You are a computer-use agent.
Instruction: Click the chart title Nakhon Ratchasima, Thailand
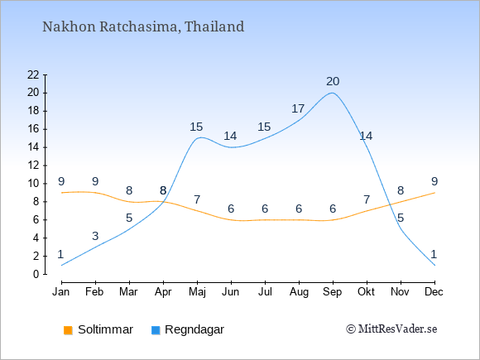coord(143,26)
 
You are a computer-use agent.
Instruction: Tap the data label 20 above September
coord(333,81)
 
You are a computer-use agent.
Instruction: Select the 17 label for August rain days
coord(298,108)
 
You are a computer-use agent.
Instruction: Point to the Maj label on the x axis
coord(197,292)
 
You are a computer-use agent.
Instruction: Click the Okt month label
coord(366,292)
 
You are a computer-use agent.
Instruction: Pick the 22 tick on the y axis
coord(33,74)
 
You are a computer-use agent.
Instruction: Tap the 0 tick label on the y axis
coord(36,274)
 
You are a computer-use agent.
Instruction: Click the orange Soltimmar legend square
coord(68,330)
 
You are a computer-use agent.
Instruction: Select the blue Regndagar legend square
coord(156,330)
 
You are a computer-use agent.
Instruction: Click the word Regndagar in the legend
coord(194,330)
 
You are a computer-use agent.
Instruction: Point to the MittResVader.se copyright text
coord(391,329)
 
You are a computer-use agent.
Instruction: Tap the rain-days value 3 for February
coord(95,236)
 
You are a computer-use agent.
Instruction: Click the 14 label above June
coord(230,136)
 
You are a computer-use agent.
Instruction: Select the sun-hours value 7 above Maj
coord(197,200)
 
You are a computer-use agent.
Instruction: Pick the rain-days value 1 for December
coord(434,254)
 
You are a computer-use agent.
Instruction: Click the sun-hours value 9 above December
coord(434,181)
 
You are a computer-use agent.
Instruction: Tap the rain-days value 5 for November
coord(401,218)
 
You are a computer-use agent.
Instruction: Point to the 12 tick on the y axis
coord(33,166)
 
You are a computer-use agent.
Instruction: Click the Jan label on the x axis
coord(61,292)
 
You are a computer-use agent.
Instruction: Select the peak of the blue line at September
coord(333,93)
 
